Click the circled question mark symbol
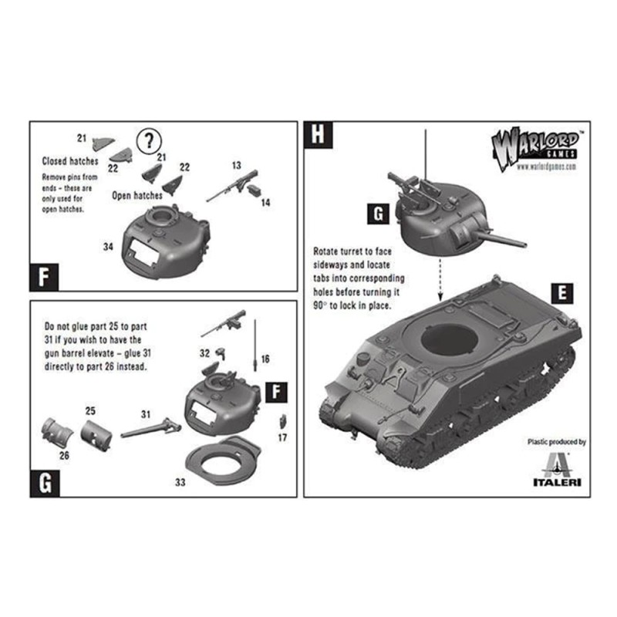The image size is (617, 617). click(x=149, y=141)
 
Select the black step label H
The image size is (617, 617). click(x=318, y=134)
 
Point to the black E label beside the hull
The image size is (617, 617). click(x=562, y=294)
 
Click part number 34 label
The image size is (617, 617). click(x=108, y=247)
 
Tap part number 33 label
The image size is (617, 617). click(x=180, y=482)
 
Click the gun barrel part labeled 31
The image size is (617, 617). click(x=150, y=428)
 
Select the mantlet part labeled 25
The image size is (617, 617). click(x=96, y=436)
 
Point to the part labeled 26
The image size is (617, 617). click(x=57, y=433)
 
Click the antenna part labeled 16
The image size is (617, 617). click(x=256, y=345)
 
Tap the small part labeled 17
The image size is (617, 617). click(x=282, y=421)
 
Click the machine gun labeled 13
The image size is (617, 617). click(x=233, y=185)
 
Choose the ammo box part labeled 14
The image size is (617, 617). click(x=255, y=189)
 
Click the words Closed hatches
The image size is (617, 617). click(x=70, y=161)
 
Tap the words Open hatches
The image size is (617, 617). click(x=137, y=195)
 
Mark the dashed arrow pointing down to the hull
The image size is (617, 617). click(x=440, y=278)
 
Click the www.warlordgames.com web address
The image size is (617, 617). click(x=546, y=167)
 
